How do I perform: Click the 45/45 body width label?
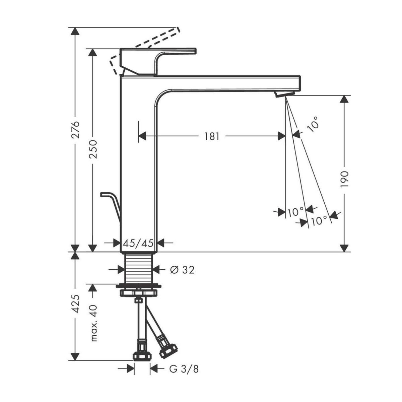pos(138,243)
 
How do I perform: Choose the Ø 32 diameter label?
pos(182,270)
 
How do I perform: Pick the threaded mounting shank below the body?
pos(139,268)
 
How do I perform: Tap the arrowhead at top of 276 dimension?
pos(76,31)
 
